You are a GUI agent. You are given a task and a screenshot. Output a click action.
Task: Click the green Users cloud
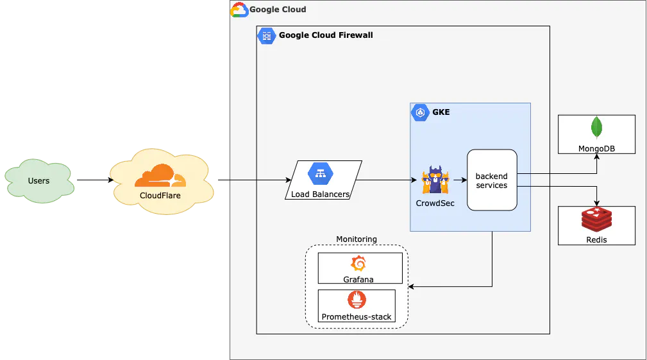38,180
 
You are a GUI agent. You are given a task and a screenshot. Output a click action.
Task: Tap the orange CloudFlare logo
160,175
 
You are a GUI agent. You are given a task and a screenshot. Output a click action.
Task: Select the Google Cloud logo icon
239,10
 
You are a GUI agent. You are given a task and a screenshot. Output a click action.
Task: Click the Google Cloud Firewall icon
267,35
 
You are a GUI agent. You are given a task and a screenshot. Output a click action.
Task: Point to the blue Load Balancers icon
320,173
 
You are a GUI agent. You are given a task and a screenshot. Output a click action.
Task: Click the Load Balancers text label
321,194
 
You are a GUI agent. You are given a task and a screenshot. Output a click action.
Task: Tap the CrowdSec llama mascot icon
435,180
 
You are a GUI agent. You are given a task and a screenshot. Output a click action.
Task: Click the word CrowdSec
435,203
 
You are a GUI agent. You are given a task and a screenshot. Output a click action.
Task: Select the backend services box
492,180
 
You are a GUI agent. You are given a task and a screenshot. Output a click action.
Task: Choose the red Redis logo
596,220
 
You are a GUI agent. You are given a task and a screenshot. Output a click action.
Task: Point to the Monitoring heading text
357,239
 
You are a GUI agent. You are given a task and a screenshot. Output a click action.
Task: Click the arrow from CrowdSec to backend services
458,180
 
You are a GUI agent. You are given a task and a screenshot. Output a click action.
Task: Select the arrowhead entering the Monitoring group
412,286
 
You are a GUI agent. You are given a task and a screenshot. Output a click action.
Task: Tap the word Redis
596,239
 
